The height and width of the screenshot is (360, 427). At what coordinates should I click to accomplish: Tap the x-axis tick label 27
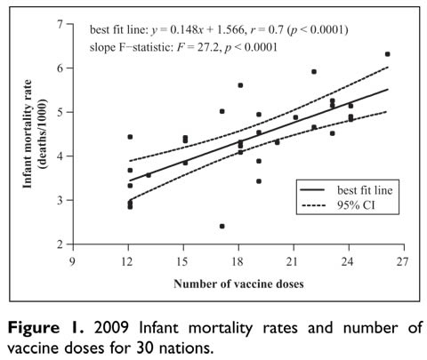click(402, 262)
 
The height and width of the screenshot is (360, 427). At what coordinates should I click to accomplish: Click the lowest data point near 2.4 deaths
click(222, 226)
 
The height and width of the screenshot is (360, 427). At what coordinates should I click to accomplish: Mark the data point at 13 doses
click(148, 175)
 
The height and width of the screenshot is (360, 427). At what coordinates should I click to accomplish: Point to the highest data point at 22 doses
click(314, 72)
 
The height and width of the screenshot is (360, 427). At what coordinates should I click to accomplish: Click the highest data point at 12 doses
click(130, 137)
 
